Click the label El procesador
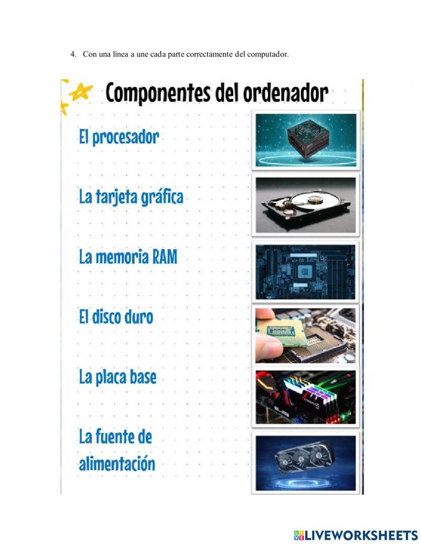119,137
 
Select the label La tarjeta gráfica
131,197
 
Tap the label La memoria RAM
128,257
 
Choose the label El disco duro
116,317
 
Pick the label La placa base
117,377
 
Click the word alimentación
117,464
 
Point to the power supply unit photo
306,139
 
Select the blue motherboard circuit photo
306,271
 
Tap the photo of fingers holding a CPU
306,335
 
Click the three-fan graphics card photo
306,462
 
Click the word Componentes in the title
158,93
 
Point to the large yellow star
81,91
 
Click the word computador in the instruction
267,54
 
